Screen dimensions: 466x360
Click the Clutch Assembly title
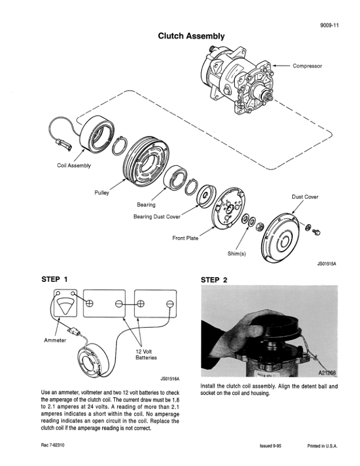coord(191,36)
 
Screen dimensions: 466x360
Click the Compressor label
coord(307,66)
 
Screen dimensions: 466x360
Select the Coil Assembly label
coord(74,165)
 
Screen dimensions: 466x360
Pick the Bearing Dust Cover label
coord(157,217)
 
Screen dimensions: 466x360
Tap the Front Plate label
coord(185,238)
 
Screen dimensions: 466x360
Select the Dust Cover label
coord(305,197)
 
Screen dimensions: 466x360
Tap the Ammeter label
coord(56,340)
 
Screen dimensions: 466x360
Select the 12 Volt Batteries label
coord(146,354)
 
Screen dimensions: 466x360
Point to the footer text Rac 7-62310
coord(54,445)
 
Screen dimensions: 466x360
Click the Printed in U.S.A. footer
coord(322,446)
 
